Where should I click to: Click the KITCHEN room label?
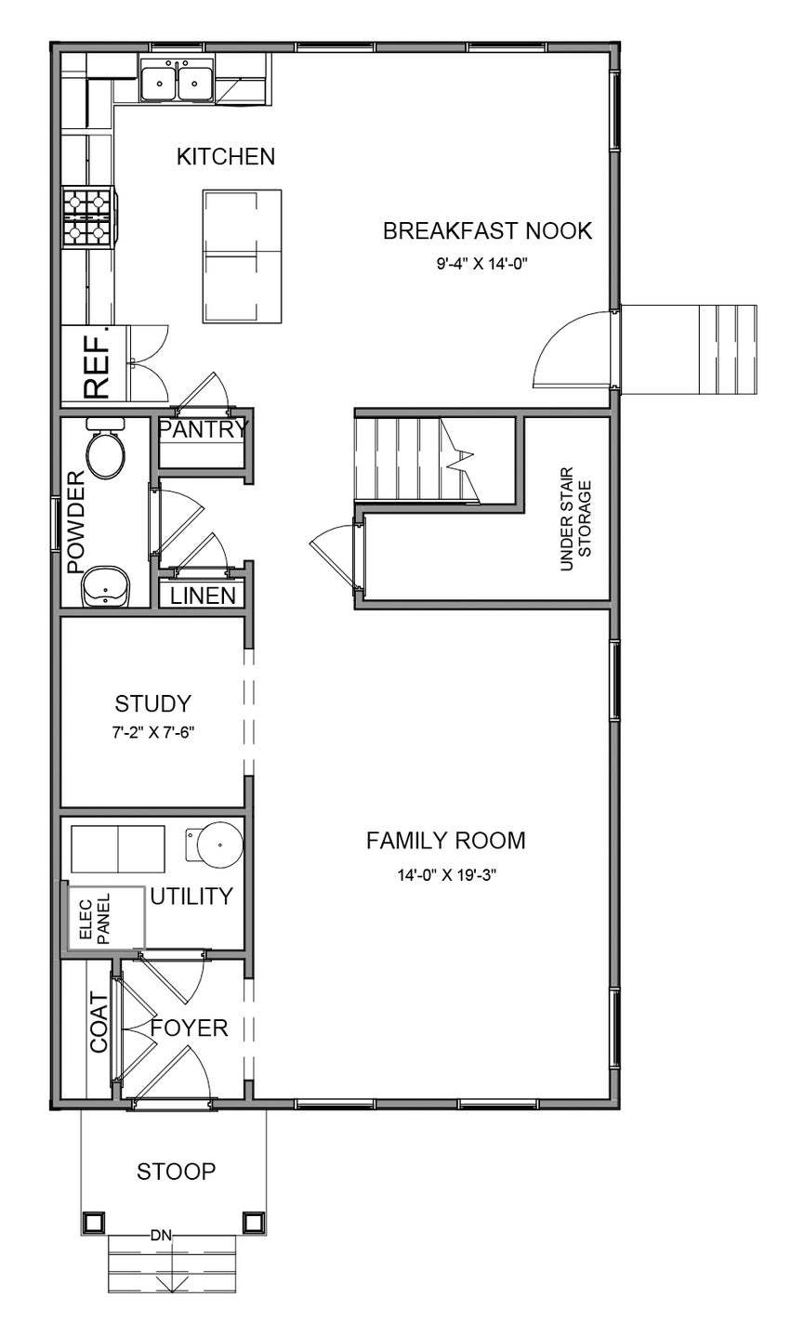click(x=226, y=156)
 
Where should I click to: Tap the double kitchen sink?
click(x=177, y=79)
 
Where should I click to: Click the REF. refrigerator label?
click(x=97, y=361)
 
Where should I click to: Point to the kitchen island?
click(x=243, y=255)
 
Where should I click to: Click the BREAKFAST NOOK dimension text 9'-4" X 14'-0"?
click(x=488, y=264)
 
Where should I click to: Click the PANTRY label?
click(x=204, y=429)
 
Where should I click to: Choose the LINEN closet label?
click(x=203, y=596)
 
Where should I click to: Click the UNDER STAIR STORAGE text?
click(x=575, y=512)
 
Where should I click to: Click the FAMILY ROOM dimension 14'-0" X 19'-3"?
click(x=445, y=873)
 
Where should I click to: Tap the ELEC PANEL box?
click(x=104, y=919)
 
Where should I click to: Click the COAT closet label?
click(x=99, y=1022)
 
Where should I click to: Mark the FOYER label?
click(x=189, y=1028)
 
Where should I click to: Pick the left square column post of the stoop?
click(x=94, y=1221)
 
